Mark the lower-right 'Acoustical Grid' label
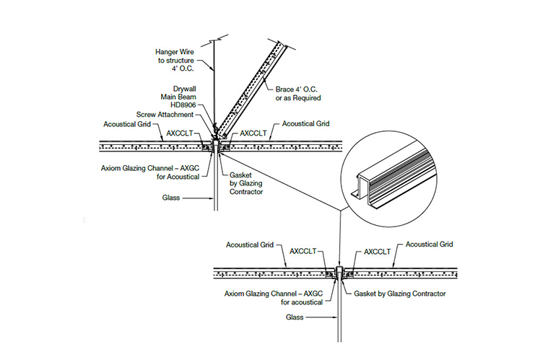click(430, 245)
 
